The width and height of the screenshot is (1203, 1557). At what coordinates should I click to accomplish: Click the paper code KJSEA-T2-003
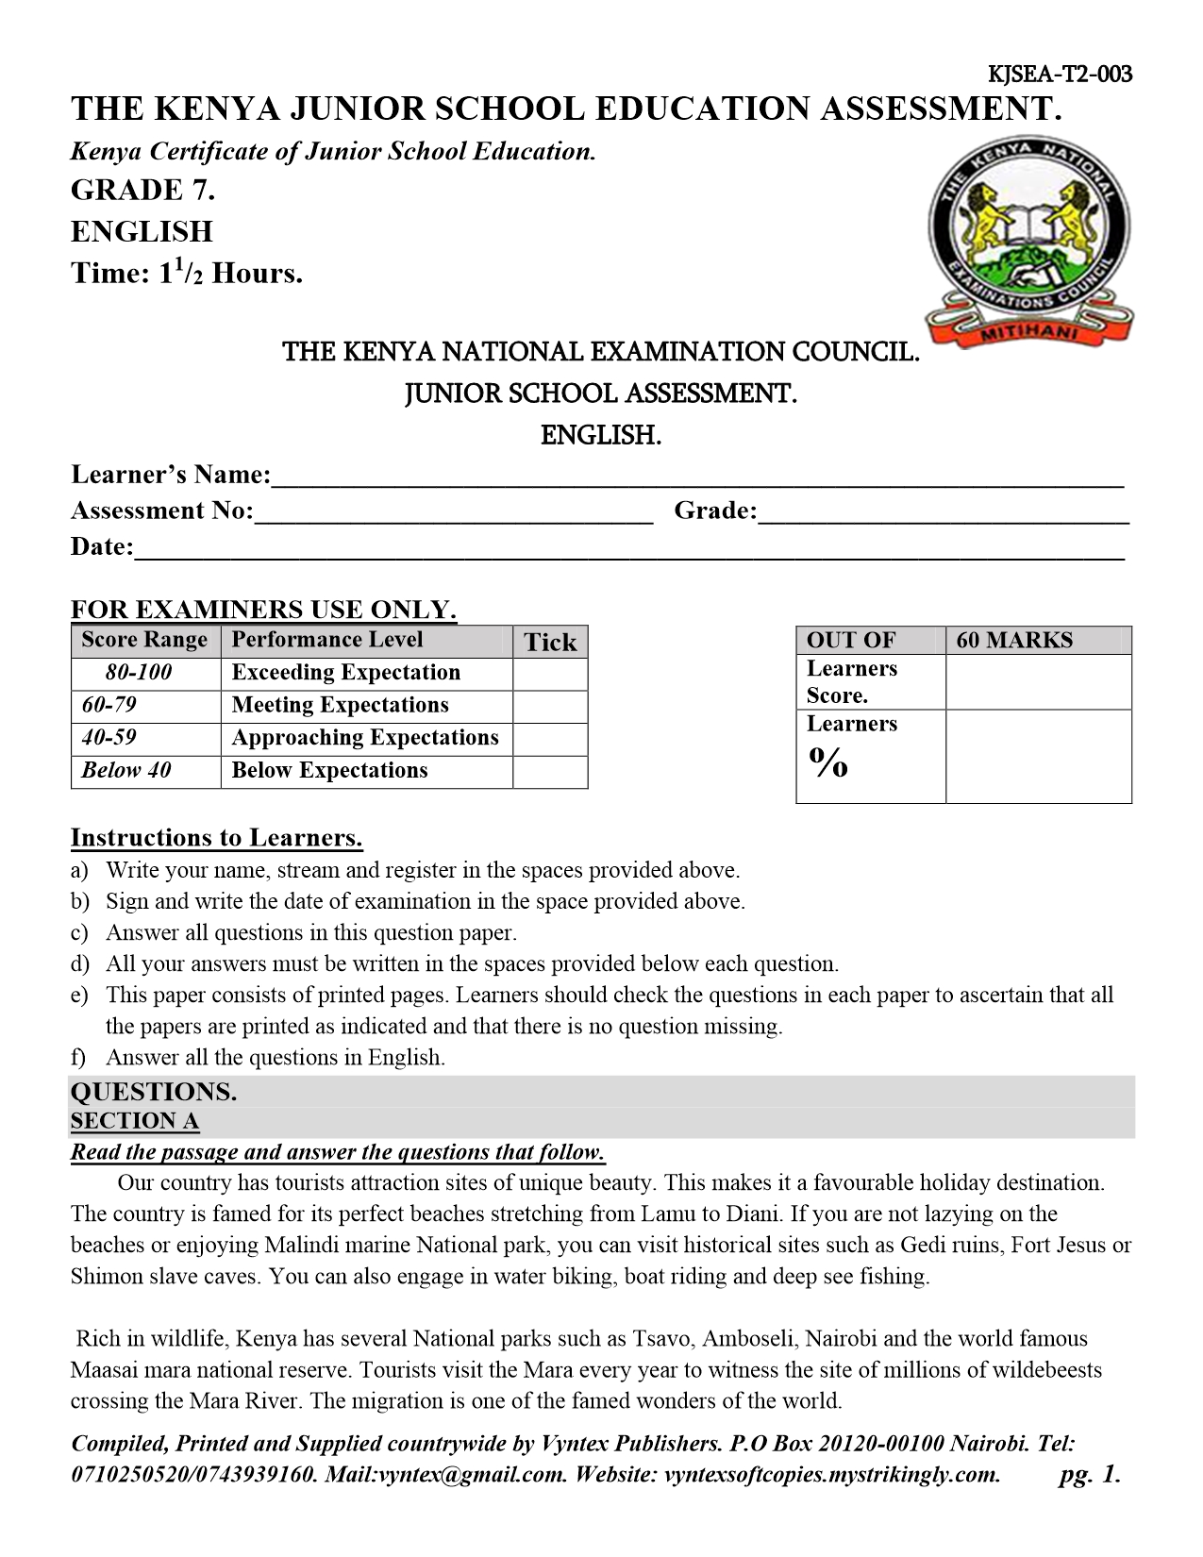pos(1059,74)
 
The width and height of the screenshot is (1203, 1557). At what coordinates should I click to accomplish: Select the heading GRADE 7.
pos(142,191)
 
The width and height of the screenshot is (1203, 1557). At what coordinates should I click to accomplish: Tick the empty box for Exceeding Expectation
pos(550,674)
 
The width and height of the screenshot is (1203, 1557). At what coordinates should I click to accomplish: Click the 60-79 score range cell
pos(145,706)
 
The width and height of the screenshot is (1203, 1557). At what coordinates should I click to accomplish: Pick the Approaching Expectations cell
pos(366,738)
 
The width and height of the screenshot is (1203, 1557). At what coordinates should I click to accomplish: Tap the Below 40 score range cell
pos(145,771)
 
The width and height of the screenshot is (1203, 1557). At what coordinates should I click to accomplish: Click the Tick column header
pos(550,643)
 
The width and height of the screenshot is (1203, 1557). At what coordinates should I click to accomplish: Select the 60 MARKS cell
pos(1037,641)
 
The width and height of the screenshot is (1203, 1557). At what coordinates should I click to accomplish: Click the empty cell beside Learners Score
pos(1037,682)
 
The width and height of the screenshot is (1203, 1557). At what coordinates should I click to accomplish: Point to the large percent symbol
pos(827,762)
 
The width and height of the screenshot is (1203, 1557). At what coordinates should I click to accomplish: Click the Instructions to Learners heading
pos(216,838)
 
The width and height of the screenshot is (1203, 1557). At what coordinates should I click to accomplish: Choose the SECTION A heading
pos(135,1121)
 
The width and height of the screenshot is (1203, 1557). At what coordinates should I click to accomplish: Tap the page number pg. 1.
pos(1089,1475)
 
